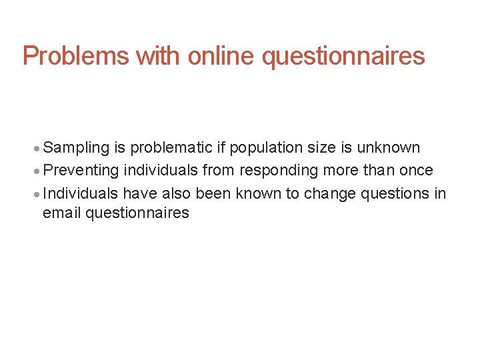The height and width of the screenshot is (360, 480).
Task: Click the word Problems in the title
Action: (x=76, y=56)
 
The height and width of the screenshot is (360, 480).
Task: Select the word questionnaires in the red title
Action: (x=343, y=56)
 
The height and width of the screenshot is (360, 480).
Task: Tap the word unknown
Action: (x=390, y=147)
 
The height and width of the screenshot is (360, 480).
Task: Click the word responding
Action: (x=279, y=170)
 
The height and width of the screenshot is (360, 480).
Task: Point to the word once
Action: (x=417, y=170)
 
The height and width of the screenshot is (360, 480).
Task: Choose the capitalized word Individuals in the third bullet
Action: (x=81, y=193)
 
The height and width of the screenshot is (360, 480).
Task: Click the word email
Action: (x=61, y=213)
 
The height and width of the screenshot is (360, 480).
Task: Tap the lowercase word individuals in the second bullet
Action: (x=161, y=170)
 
